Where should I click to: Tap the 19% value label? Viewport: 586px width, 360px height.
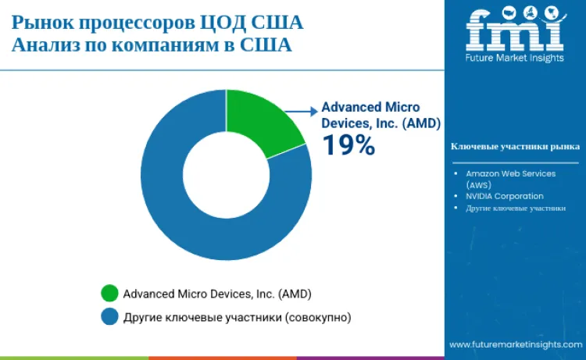(x=348, y=144)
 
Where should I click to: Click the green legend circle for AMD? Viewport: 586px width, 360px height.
(x=109, y=294)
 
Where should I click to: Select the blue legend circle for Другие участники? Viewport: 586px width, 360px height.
(x=109, y=316)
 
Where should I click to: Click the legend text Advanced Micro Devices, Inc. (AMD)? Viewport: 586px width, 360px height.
(x=217, y=294)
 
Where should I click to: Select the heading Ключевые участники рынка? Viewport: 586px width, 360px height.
(x=515, y=146)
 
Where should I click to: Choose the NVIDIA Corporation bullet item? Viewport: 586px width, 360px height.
(x=504, y=196)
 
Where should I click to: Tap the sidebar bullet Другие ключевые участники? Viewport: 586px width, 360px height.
(x=516, y=208)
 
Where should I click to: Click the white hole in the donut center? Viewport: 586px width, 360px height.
(x=226, y=175)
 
